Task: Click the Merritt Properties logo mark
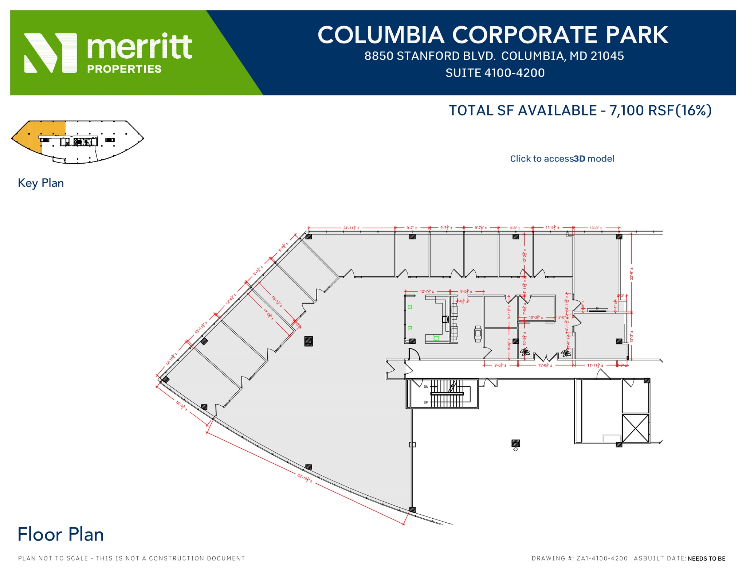[51, 53]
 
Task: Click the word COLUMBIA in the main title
[381, 35]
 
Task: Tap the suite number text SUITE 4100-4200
[495, 73]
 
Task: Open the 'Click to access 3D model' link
[562, 159]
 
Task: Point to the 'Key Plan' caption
[41, 183]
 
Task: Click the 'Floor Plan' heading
[60, 534]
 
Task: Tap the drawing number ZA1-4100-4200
[602, 558]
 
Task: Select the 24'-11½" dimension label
[351, 228]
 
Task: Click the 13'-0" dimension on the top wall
[596, 228]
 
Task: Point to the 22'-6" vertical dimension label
[631, 274]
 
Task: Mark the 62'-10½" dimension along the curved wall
[305, 478]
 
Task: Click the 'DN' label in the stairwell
[426, 387]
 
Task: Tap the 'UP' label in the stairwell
[426, 402]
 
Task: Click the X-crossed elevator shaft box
[635, 428]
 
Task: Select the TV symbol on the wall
[597, 309]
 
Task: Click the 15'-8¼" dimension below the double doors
[545, 365]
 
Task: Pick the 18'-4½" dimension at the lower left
[181, 406]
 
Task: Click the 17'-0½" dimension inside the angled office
[268, 314]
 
